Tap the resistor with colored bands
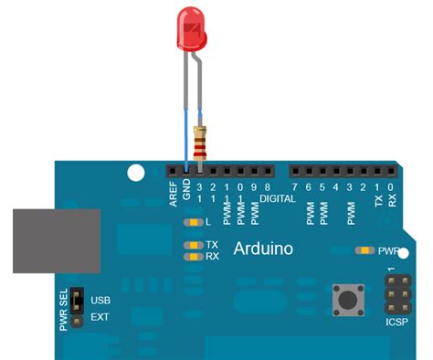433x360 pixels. click(200, 143)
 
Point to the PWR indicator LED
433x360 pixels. click(365, 249)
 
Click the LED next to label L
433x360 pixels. click(193, 222)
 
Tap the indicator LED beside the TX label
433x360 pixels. click(193, 245)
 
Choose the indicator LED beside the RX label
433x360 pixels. click(193, 257)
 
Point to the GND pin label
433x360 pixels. click(186, 192)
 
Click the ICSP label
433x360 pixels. click(396, 323)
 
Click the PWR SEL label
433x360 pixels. click(64, 310)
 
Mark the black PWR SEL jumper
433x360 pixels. click(79, 308)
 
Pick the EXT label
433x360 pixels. click(100, 318)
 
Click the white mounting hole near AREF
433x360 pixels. click(136, 172)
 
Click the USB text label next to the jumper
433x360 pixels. click(101, 300)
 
